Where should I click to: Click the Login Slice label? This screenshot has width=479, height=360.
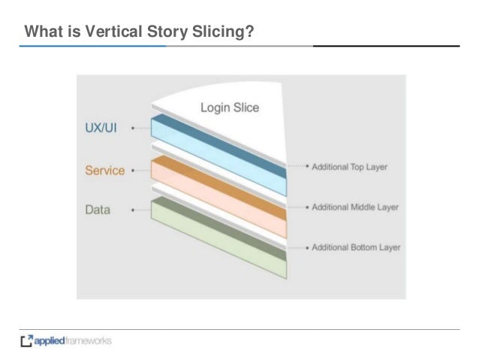229,107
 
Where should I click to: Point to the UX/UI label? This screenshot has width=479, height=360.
99,129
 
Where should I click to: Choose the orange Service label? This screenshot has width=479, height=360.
104,171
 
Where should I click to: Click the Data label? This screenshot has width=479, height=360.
98,210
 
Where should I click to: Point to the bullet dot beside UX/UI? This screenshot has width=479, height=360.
133,129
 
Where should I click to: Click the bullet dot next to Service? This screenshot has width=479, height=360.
133,171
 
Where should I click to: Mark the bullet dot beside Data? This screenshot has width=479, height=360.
133,210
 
